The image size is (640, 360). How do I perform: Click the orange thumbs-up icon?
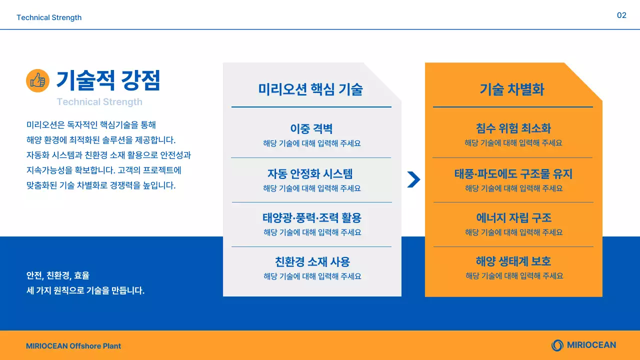point(37,80)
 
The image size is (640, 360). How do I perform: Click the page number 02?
point(621,15)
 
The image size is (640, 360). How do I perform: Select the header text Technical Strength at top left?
point(49,17)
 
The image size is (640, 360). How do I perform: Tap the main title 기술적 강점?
point(108,80)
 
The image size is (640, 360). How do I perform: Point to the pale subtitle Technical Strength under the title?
point(99,102)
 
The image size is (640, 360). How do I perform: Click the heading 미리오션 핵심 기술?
point(310,89)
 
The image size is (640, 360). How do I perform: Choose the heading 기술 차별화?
point(512,89)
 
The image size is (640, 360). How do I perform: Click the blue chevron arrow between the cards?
point(413,179)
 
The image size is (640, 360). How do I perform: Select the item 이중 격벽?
point(311,128)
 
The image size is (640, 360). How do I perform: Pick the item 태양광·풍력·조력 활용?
point(312,218)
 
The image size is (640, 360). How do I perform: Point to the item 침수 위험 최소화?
point(513,128)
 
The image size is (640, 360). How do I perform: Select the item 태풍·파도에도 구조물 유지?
point(513,174)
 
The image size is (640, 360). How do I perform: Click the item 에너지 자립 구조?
point(514,218)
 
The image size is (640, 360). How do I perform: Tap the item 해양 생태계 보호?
point(513,261)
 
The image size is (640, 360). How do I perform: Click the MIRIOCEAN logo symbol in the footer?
point(557,345)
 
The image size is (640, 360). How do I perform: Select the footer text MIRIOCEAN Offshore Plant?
point(73,346)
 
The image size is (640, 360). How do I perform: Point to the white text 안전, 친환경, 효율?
point(58,275)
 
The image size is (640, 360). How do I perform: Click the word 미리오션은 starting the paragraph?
point(42,125)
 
